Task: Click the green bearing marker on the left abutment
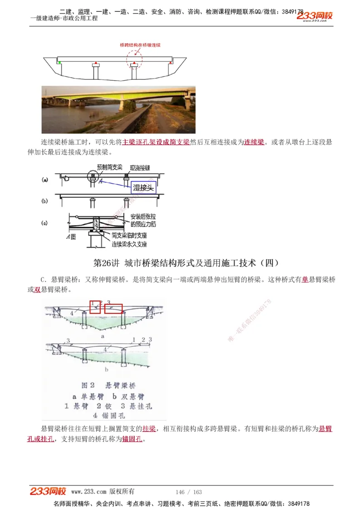pos(59,62)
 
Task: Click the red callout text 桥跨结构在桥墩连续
pos(140,45)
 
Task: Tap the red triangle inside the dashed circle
pos(134,62)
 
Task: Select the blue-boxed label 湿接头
pos(143,188)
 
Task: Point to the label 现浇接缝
pos(140,167)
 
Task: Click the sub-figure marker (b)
pos(45,200)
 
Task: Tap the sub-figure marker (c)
pos(45,223)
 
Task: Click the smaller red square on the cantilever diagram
pos(95,307)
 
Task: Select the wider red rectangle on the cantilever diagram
pos(113,309)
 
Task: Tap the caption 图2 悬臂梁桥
pos(108,385)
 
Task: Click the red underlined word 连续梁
pos(254,142)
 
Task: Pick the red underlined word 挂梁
pos(149,429)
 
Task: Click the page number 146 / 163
pos(188,492)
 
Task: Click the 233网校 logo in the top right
pos(314,16)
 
